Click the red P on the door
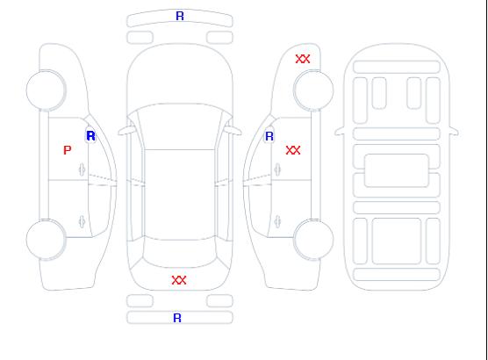point(68,150)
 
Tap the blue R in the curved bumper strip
point(180,16)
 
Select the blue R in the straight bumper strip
point(177,318)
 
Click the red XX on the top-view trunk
point(179,280)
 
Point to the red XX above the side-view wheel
point(303,59)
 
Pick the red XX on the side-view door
point(293,150)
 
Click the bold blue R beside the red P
point(91,136)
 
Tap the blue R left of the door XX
point(269,136)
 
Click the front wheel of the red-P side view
point(46,90)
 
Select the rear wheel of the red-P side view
point(46,240)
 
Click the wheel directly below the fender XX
point(313,90)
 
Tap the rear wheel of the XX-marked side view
point(313,240)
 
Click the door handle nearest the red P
point(83,169)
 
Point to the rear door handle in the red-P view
point(83,221)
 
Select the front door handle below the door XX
point(277,169)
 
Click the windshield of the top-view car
point(180,126)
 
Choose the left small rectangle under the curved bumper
point(140,38)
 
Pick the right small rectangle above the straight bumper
point(219,301)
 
